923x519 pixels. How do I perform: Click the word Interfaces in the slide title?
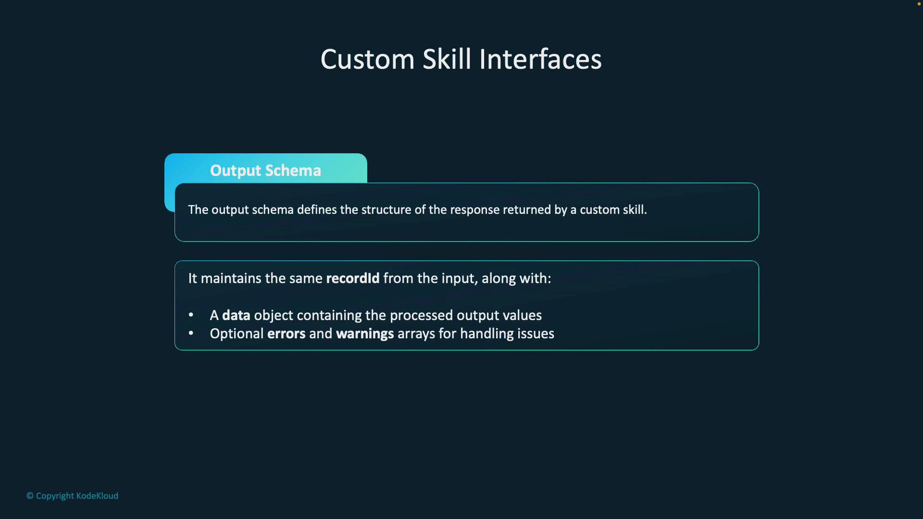[540, 60]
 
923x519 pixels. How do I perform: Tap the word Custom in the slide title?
[367, 60]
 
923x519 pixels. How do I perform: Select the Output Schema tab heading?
[265, 171]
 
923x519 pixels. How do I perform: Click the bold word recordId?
[352, 279]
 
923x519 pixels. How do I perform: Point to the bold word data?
[236, 316]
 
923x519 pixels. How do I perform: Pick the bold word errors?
[286, 334]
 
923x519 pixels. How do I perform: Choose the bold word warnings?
[365, 334]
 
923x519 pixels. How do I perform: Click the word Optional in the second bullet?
[237, 334]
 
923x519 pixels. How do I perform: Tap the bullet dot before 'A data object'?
[191, 315]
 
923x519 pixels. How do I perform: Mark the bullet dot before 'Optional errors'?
[191, 333]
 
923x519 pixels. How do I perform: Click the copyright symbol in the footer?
[30, 496]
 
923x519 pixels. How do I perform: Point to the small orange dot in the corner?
[919, 4]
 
